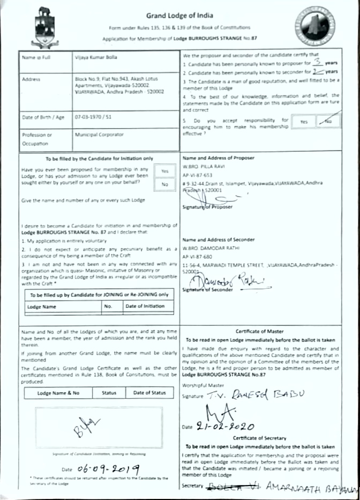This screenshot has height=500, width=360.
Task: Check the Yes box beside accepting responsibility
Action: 304,122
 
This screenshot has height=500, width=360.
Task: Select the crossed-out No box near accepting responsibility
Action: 328,122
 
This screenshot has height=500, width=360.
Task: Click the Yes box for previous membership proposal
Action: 164,170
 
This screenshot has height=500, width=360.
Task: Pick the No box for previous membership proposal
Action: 164,184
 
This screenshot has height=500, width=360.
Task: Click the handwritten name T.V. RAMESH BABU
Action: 252,395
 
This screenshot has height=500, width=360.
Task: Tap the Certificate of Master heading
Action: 260,331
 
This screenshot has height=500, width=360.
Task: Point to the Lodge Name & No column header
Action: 58,393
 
